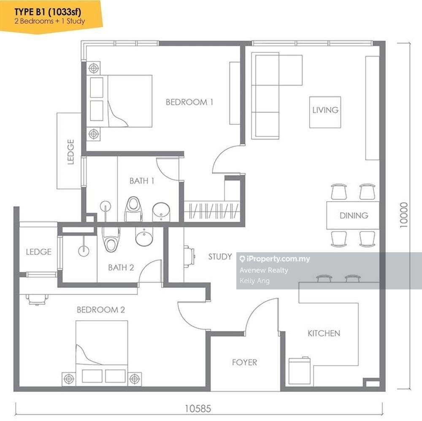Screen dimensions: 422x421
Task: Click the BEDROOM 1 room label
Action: (189, 102)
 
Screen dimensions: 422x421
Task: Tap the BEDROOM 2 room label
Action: (101, 310)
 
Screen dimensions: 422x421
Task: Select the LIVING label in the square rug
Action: (325, 110)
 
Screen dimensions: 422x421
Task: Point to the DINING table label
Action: (354, 215)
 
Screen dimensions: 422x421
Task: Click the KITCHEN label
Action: (324, 333)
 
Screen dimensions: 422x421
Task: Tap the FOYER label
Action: (245, 362)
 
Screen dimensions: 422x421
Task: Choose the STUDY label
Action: (220, 256)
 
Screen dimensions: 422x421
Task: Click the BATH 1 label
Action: (142, 181)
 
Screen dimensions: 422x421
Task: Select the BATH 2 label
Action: (121, 267)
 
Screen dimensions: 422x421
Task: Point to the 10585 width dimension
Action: (198, 409)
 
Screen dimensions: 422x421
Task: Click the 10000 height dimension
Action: (404, 215)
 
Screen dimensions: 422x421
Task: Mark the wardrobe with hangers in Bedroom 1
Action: (212, 211)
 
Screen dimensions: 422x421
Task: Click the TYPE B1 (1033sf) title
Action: (48, 12)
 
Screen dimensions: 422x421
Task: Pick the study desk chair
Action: (189, 256)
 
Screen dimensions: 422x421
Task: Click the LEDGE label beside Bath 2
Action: (39, 252)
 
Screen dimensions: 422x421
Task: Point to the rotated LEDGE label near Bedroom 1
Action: (70, 152)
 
